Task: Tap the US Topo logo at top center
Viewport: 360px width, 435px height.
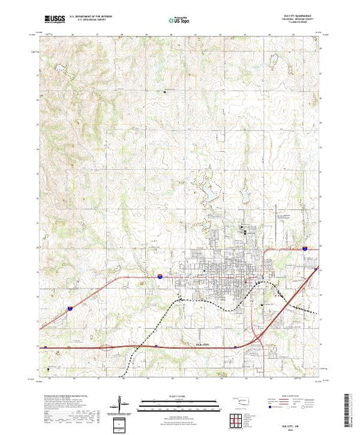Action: (179, 21)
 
